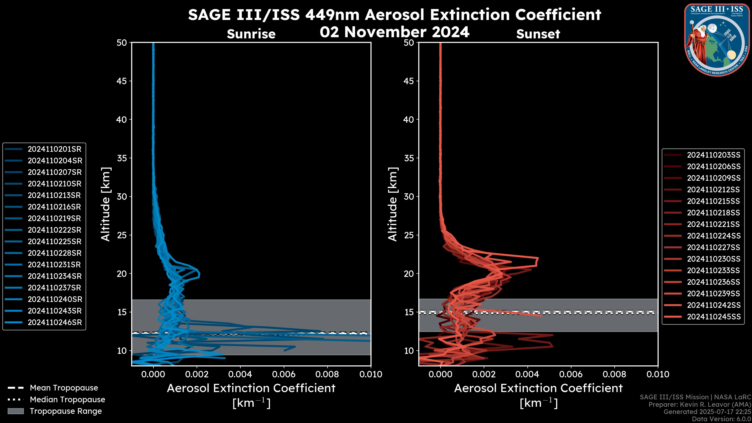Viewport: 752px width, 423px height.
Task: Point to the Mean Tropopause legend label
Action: point(64,388)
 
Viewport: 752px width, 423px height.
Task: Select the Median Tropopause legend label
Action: point(67,400)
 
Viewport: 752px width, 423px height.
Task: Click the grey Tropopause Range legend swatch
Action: point(15,411)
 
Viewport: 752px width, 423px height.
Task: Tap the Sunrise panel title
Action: point(251,34)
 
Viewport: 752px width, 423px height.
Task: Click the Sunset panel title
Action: point(538,34)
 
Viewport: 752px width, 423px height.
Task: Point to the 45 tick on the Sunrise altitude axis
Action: point(122,81)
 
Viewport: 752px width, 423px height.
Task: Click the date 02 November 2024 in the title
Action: point(394,32)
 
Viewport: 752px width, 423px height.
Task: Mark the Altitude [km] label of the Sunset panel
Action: point(393,204)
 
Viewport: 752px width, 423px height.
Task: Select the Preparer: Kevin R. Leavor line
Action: point(700,405)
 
